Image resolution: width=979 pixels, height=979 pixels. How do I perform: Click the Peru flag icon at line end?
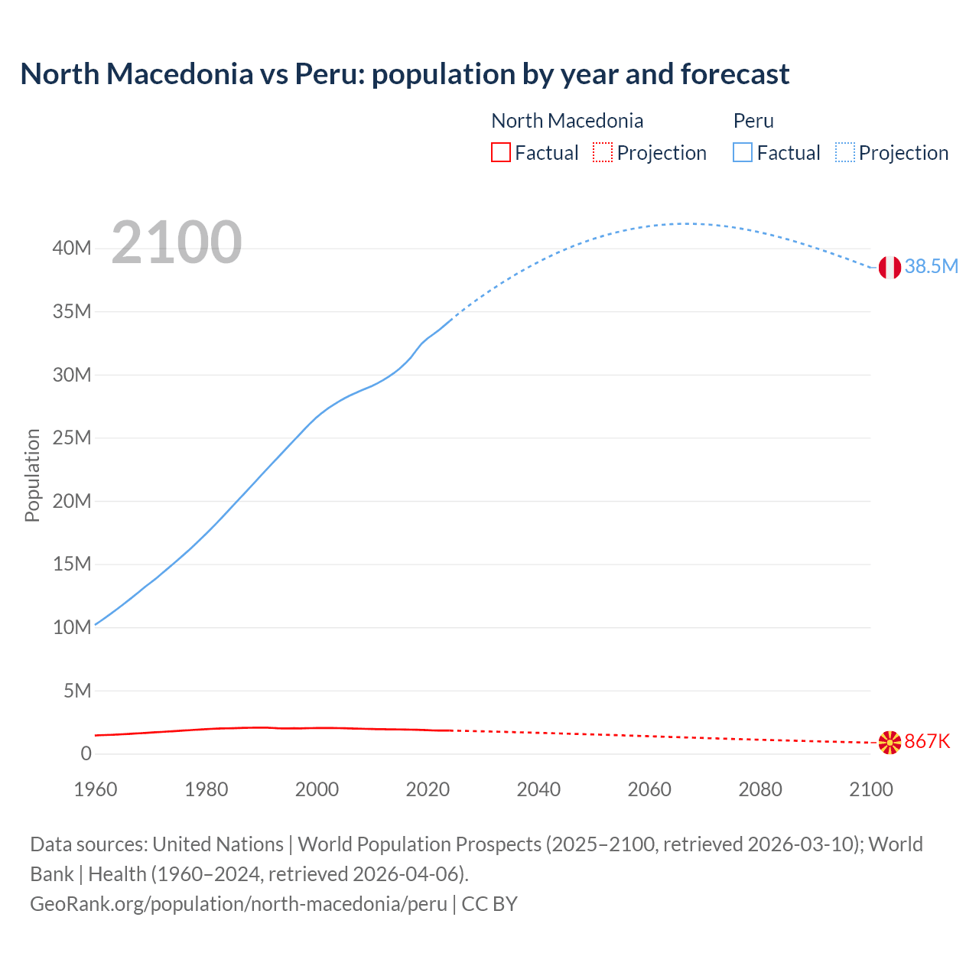[890, 267]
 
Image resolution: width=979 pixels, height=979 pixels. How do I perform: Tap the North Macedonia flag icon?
[890, 742]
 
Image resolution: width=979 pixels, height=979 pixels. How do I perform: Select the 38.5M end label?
[931, 266]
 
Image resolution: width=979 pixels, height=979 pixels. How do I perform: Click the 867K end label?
[927, 741]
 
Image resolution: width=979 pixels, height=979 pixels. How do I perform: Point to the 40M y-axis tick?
[72, 248]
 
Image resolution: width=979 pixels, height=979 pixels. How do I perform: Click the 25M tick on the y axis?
[72, 437]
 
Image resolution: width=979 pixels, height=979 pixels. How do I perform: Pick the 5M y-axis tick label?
[77, 691]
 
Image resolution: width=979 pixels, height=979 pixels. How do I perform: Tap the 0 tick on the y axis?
[86, 753]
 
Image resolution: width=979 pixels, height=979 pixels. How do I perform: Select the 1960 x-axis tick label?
[96, 789]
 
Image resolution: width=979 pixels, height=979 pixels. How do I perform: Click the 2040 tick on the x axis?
[538, 789]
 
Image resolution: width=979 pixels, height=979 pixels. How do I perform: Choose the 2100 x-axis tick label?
[870, 789]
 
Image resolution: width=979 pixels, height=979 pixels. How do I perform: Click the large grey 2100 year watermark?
[177, 242]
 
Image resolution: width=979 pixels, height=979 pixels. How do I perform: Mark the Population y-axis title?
[32, 475]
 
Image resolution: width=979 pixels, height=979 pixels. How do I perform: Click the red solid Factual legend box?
[500, 153]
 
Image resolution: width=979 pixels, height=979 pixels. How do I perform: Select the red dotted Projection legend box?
[603, 153]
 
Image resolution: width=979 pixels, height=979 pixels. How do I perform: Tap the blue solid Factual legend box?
[742, 153]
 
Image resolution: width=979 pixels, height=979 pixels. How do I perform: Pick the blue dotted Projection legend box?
[845, 153]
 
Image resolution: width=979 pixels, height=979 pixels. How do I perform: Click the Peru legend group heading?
[753, 121]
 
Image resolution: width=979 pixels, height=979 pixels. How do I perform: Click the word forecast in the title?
[734, 74]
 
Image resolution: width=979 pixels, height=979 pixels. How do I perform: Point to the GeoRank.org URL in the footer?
[238, 903]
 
